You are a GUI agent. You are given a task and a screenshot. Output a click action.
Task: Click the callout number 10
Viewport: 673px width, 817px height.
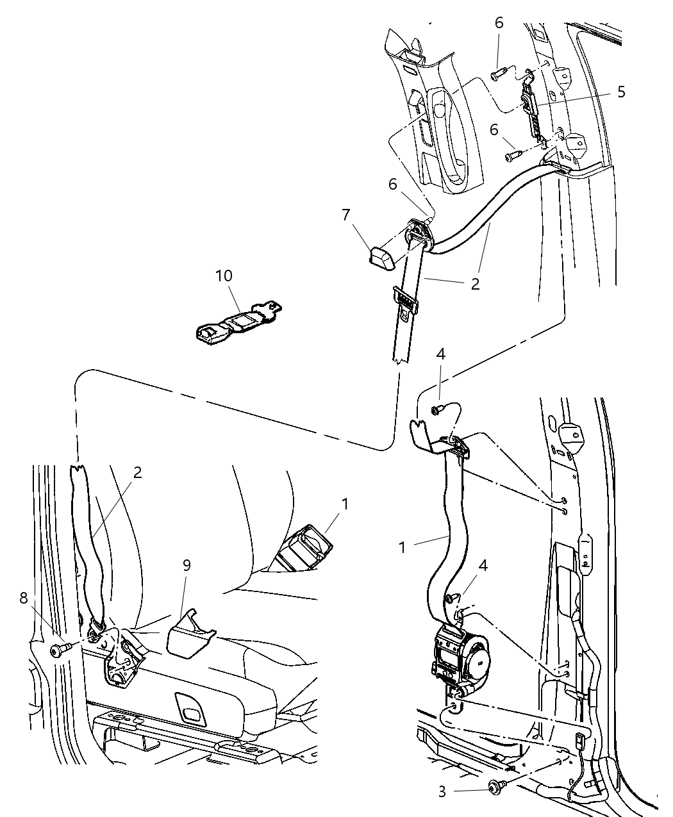pyautogui.click(x=224, y=276)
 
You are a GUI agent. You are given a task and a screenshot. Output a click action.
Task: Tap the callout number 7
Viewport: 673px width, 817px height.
pyautogui.click(x=345, y=214)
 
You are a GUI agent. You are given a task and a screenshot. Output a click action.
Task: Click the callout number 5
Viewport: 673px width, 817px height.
pyautogui.click(x=620, y=92)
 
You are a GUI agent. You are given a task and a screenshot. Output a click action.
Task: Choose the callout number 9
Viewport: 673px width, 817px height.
pyautogui.click(x=187, y=565)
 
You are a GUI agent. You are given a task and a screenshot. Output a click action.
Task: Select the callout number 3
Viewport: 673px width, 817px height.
pyautogui.click(x=442, y=791)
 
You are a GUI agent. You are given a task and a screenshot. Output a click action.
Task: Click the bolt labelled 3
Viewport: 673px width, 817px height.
pyautogui.click(x=496, y=786)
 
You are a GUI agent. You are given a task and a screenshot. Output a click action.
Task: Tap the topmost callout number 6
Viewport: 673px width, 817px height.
pyautogui.click(x=498, y=23)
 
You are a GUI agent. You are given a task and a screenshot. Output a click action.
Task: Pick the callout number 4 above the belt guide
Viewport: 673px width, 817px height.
pyautogui.click(x=440, y=354)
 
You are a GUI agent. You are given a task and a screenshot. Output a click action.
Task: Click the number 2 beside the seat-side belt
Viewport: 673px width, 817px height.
pyautogui.click(x=137, y=472)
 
